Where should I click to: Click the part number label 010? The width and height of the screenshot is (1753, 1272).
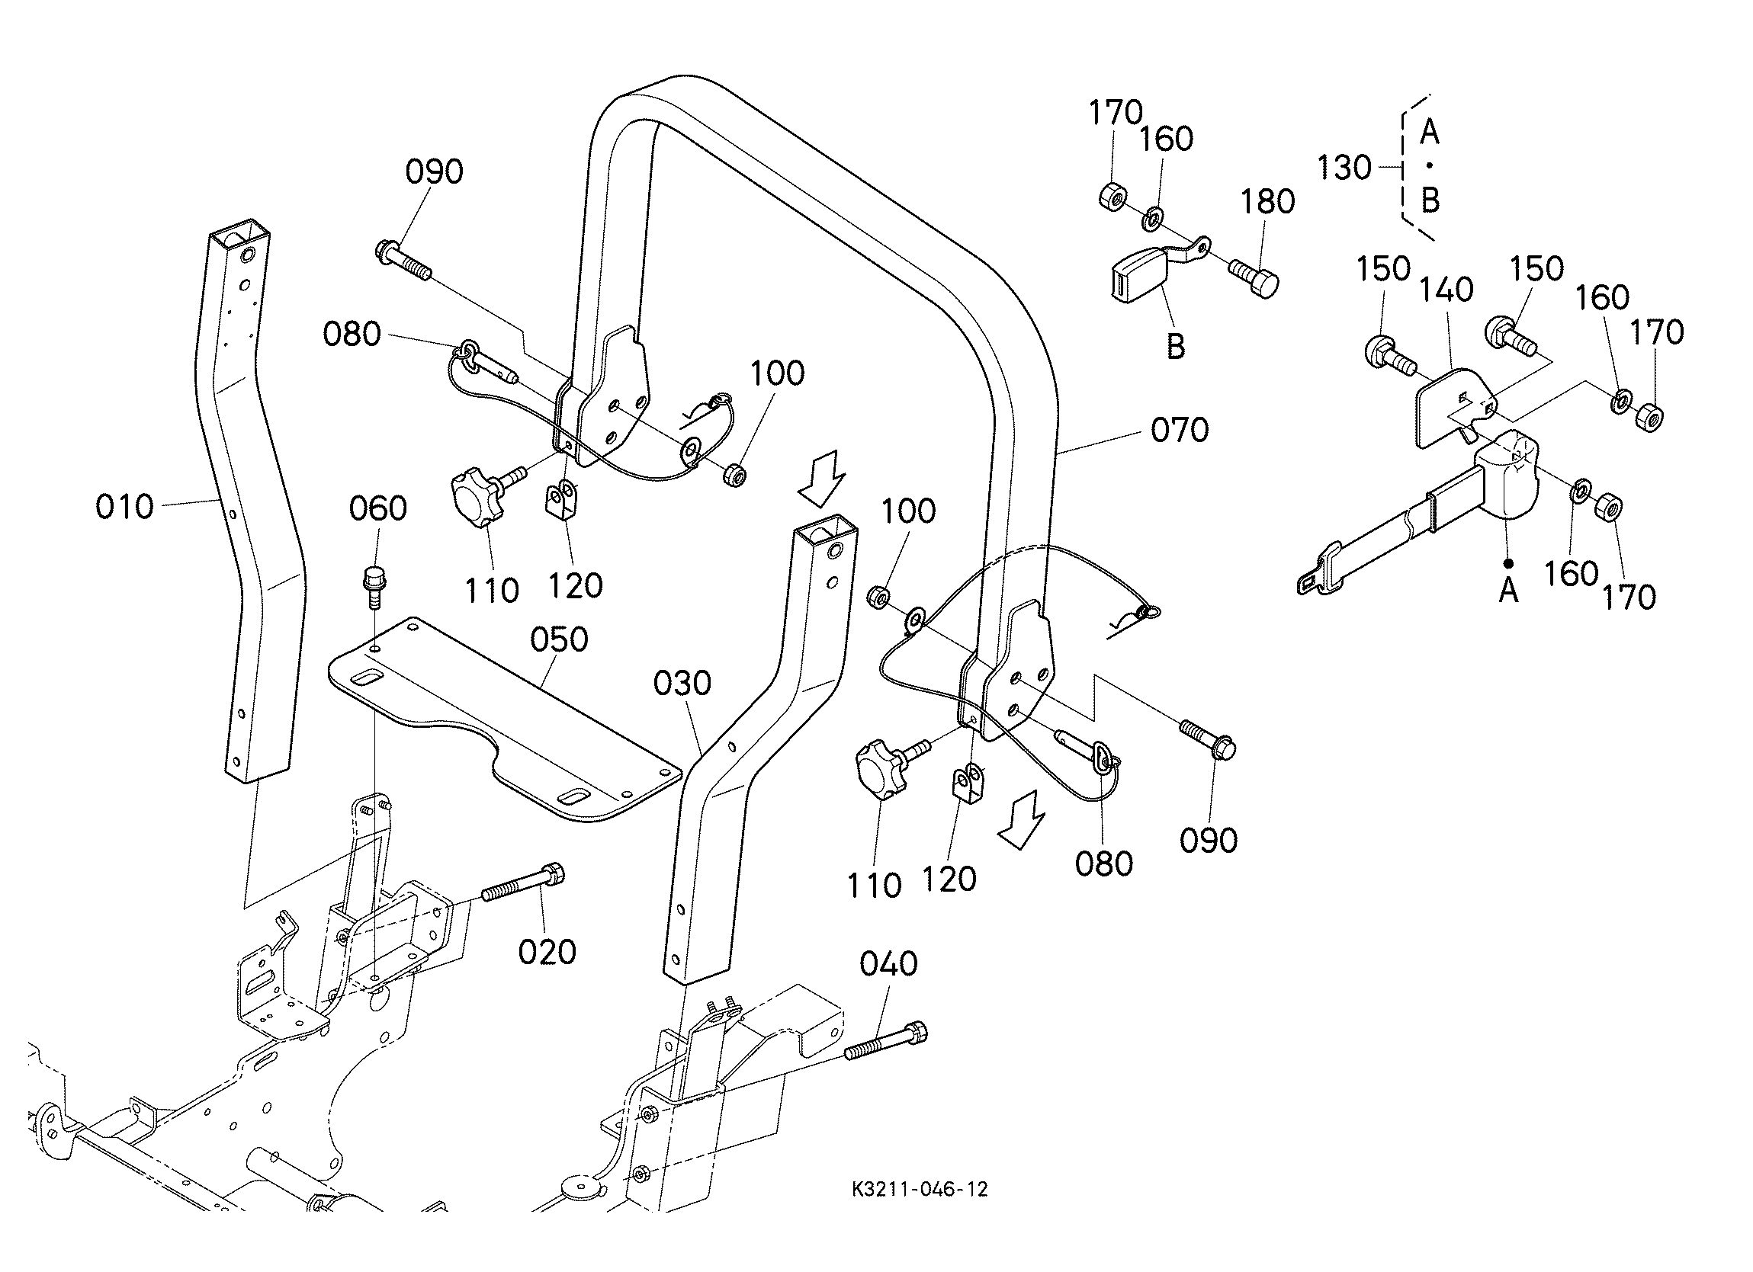tap(124, 507)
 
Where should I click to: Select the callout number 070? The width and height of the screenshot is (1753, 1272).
tap(1180, 430)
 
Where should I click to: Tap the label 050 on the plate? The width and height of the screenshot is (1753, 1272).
tap(559, 639)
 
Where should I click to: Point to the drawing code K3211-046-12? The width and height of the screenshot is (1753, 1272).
tap(920, 1210)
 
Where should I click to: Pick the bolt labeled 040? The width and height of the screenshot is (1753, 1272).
tap(886, 1040)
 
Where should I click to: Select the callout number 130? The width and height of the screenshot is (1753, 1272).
tap(1344, 167)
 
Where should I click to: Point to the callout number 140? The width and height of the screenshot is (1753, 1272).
tap(1446, 290)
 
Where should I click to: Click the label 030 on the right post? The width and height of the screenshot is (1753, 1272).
tap(682, 683)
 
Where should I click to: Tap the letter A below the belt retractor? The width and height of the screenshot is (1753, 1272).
tap(1508, 591)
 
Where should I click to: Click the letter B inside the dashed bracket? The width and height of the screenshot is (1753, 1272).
tap(1430, 201)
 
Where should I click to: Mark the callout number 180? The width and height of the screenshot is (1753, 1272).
tap(1267, 202)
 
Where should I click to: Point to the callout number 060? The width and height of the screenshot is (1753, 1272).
tap(378, 508)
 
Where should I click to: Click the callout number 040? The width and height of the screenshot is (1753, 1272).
tap(889, 963)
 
